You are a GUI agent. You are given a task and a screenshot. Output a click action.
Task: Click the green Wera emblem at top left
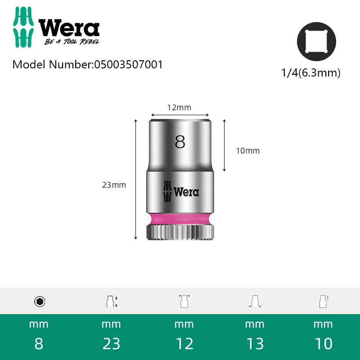click(23, 27)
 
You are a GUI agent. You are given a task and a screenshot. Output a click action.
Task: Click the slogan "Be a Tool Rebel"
click(72, 41)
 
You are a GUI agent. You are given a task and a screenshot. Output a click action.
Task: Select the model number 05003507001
click(129, 64)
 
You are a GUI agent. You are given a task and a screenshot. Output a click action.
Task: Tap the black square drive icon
click(316, 41)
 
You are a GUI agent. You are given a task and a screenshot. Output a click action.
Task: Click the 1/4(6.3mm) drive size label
click(311, 73)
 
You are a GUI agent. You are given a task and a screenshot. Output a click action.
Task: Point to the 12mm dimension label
click(179, 108)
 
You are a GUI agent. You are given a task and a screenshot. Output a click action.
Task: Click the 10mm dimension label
click(248, 151)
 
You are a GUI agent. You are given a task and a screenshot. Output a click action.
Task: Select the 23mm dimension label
click(114, 185)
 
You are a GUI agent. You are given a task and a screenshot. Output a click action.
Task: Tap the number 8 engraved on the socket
click(180, 142)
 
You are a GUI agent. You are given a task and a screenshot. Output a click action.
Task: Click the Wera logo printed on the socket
click(181, 192)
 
